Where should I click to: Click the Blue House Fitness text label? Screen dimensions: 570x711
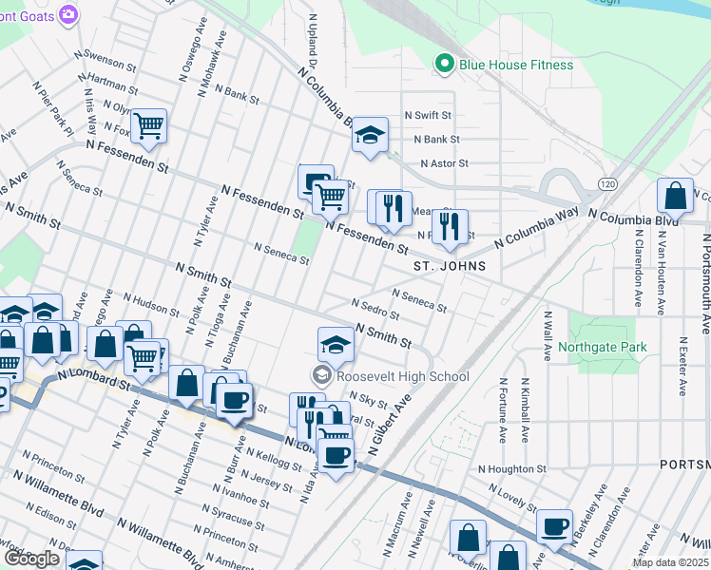point(516,65)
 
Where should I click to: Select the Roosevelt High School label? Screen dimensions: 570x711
point(403,376)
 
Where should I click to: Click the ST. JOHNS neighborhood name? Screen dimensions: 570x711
point(450,267)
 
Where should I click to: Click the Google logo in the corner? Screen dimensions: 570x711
point(31,559)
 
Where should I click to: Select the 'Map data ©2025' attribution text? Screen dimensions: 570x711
point(670,562)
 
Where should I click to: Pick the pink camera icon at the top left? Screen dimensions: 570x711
point(67,14)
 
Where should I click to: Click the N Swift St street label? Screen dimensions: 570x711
point(428,115)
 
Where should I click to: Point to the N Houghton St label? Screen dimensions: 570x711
point(512,469)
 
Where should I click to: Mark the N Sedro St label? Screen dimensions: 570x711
point(375,309)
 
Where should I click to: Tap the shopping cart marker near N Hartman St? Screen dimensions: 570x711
point(148,125)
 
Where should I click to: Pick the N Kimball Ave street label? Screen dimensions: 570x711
point(525,410)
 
